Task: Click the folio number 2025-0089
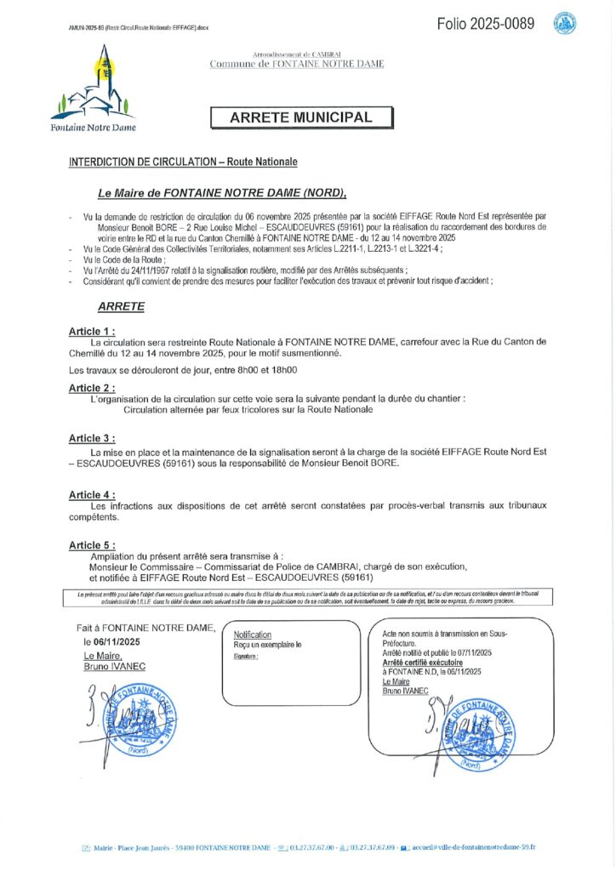[486, 24]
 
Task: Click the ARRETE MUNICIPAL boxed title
[301, 117]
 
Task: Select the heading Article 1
[91, 330]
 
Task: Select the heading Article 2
[91, 387]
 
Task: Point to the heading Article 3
[91, 438]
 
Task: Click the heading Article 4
[91, 494]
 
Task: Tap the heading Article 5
[91, 544]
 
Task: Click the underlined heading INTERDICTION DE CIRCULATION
[183, 162]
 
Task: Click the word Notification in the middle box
[253, 635]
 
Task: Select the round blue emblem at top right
[563, 23]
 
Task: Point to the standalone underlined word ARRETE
[121, 306]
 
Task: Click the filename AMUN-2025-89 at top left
[139, 27]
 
